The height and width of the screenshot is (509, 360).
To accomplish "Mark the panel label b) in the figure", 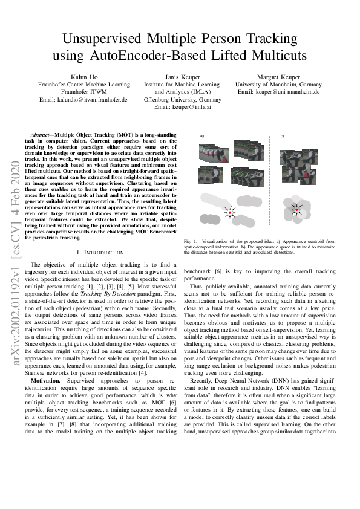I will coord(282,135).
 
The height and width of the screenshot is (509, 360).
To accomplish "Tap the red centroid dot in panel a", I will coord(229,212).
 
